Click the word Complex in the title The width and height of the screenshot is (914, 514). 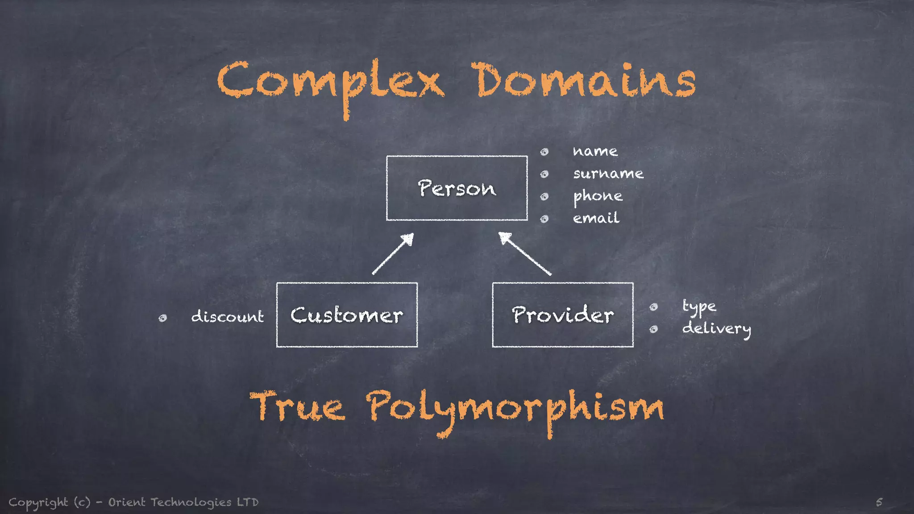click(x=330, y=83)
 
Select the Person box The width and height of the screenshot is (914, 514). click(x=457, y=188)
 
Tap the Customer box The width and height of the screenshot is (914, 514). click(x=347, y=315)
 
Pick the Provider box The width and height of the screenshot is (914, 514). click(x=562, y=315)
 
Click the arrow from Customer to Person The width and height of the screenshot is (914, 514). click(x=393, y=253)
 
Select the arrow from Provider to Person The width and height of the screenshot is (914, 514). click(x=525, y=253)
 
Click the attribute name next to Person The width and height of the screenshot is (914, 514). click(x=595, y=151)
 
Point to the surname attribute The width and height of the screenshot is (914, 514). click(x=608, y=173)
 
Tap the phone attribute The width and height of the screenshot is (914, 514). click(x=598, y=196)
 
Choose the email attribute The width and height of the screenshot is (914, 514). click(x=596, y=218)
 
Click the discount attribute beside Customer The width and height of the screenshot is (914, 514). click(x=227, y=316)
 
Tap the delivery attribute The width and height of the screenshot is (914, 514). click(x=716, y=329)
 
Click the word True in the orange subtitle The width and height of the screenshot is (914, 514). click(x=297, y=406)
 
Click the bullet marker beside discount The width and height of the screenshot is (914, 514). click(x=163, y=318)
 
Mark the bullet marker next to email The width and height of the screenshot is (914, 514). click(x=544, y=219)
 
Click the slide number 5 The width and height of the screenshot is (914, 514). click(x=879, y=502)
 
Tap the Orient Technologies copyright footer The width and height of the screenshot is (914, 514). click(x=134, y=502)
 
